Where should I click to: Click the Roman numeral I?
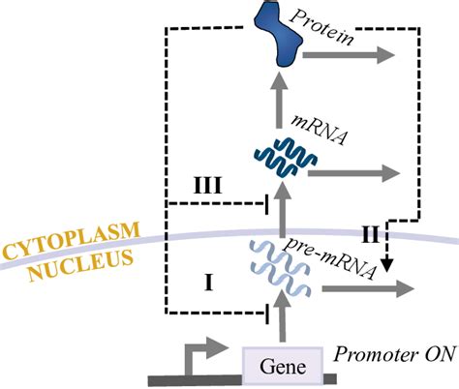click(206, 281)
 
